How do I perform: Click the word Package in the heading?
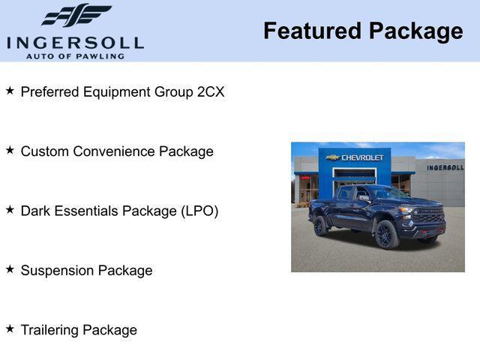pyautogui.click(x=416, y=31)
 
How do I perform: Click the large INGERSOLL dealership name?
pyautogui.click(x=75, y=43)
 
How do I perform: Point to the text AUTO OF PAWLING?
pyautogui.click(x=75, y=56)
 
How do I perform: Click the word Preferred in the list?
pyautogui.click(x=50, y=92)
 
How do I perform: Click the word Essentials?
pyautogui.click(x=89, y=211)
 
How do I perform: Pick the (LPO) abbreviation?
pyautogui.click(x=199, y=211)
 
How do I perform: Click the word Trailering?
pyautogui.click(x=50, y=330)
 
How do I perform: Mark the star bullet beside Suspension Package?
pyautogui.click(x=10, y=269)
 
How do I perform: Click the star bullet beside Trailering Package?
pyautogui.click(x=10, y=328)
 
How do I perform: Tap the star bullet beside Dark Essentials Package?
pyautogui.click(x=10, y=210)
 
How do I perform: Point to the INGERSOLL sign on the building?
pyautogui.click(x=445, y=167)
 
